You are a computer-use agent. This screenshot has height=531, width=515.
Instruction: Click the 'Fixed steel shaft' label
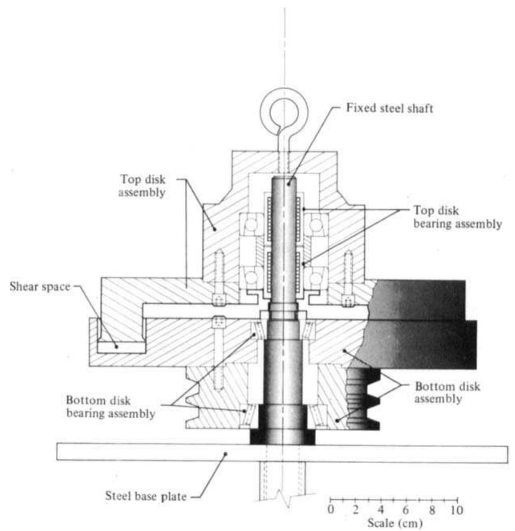[x=390, y=108]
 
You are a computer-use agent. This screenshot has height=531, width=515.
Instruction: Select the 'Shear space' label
[x=40, y=287]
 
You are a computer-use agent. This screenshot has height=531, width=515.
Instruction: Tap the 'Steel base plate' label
[x=146, y=496]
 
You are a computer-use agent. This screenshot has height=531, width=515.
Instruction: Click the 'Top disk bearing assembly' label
[x=457, y=217]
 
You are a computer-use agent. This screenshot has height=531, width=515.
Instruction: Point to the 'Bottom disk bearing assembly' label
[x=111, y=407]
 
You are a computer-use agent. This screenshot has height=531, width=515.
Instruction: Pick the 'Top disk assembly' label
[x=142, y=186]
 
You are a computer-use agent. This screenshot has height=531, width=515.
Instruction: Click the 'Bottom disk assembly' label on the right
[x=447, y=393]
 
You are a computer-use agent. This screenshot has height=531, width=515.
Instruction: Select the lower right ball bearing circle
[x=316, y=277]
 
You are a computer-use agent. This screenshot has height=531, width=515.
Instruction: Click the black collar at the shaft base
[x=283, y=436]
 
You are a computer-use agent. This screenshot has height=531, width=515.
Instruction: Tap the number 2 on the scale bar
[x=355, y=510]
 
